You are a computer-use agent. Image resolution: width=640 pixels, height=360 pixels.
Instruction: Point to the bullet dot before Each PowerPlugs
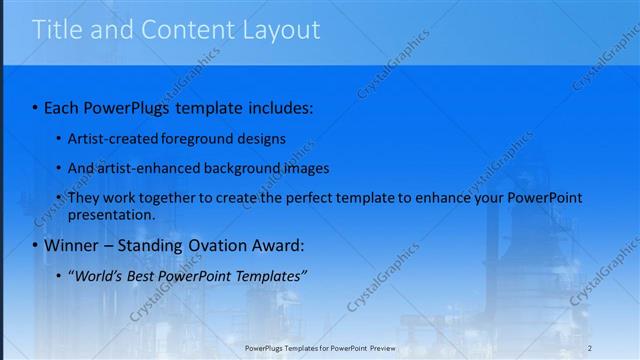(x=36, y=106)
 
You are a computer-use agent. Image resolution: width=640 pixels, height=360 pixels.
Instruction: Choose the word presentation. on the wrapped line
(x=111, y=214)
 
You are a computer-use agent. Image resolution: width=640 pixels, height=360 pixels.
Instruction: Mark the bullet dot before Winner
(x=36, y=245)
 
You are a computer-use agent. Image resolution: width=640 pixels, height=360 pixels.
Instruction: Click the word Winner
(x=74, y=245)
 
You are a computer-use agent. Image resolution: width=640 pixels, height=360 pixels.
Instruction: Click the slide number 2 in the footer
(x=590, y=347)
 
